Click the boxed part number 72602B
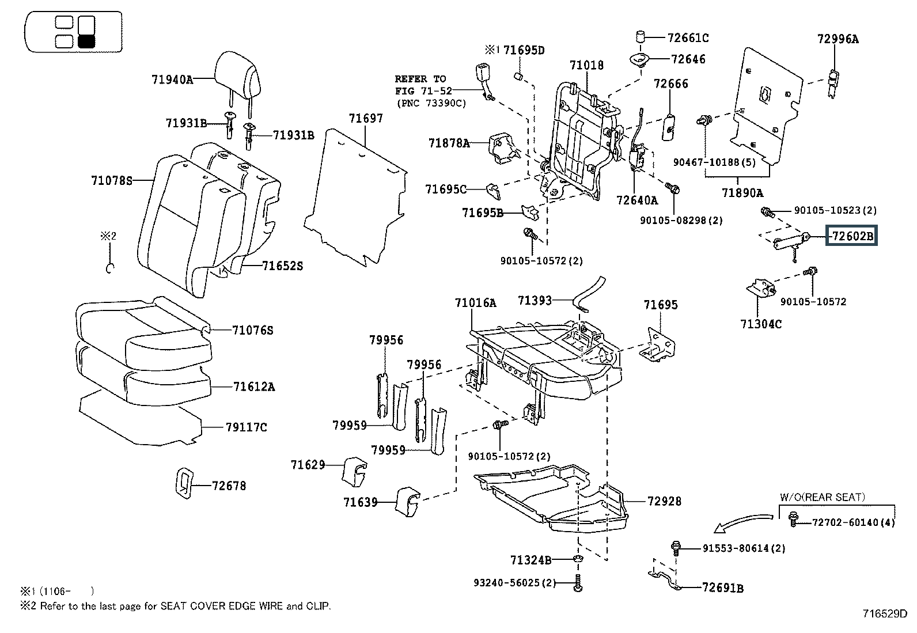click(x=852, y=236)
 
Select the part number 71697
click(x=365, y=118)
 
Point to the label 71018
click(x=586, y=65)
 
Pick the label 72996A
click(x=838, y=39)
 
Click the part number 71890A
click(x=742, y=193)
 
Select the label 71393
click(x=535, y=300)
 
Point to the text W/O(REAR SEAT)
click(x=822, y=497)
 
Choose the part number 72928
click(x=664, y=501)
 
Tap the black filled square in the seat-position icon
click(x=86, y=41)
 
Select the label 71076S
click(x=252, y=330)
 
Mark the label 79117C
click(x=247, y=427)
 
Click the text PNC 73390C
click(x=431, y=103)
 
